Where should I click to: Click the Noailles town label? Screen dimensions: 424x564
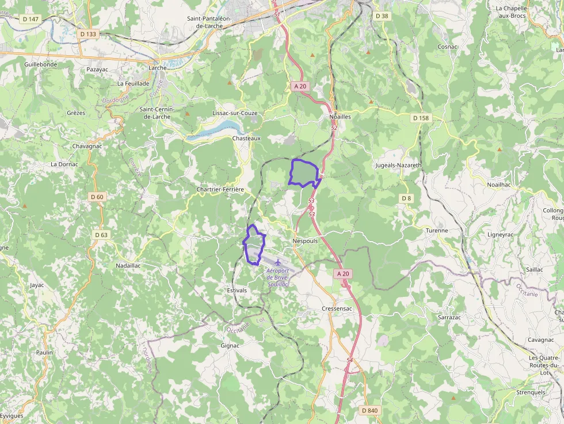tap(340, 116)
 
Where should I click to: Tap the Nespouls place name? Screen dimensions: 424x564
tap(305, 240)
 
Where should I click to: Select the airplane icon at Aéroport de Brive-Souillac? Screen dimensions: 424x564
tap(279, 262)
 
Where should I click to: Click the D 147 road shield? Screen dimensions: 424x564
tap(31, 19)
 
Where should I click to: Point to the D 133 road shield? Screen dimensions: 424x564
tap(88, 34)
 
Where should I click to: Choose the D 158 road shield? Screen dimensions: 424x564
tap(421, 118)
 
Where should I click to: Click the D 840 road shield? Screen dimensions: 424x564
tap(369, 410)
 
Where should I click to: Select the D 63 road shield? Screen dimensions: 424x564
tap(101, 235)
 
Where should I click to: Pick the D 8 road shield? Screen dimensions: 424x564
tap(407, 198)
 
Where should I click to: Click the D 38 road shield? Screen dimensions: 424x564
tap(382, 16)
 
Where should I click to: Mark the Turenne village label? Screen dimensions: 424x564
tap(436, 230)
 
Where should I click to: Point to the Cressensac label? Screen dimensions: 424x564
tap(337, 308)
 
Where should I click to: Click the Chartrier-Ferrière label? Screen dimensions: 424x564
tap(220, 189)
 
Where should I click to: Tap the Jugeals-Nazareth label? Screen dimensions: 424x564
tap(398, 165)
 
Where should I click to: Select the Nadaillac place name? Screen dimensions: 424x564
tap(128, 266)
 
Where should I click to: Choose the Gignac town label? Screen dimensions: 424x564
tap(230, 346)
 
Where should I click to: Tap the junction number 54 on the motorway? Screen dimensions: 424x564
tap(349, 360)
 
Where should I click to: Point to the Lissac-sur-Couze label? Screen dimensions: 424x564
tap(235, 113)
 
